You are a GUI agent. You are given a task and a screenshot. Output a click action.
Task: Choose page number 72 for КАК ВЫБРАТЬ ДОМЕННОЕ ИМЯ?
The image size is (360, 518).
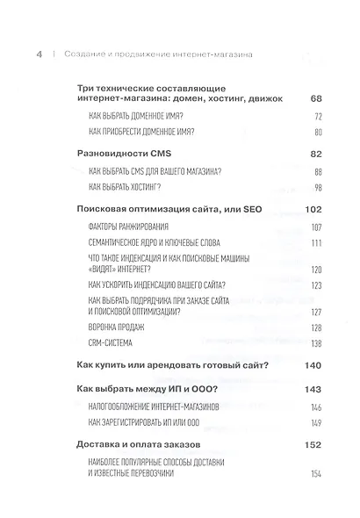(x=320, y=116)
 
